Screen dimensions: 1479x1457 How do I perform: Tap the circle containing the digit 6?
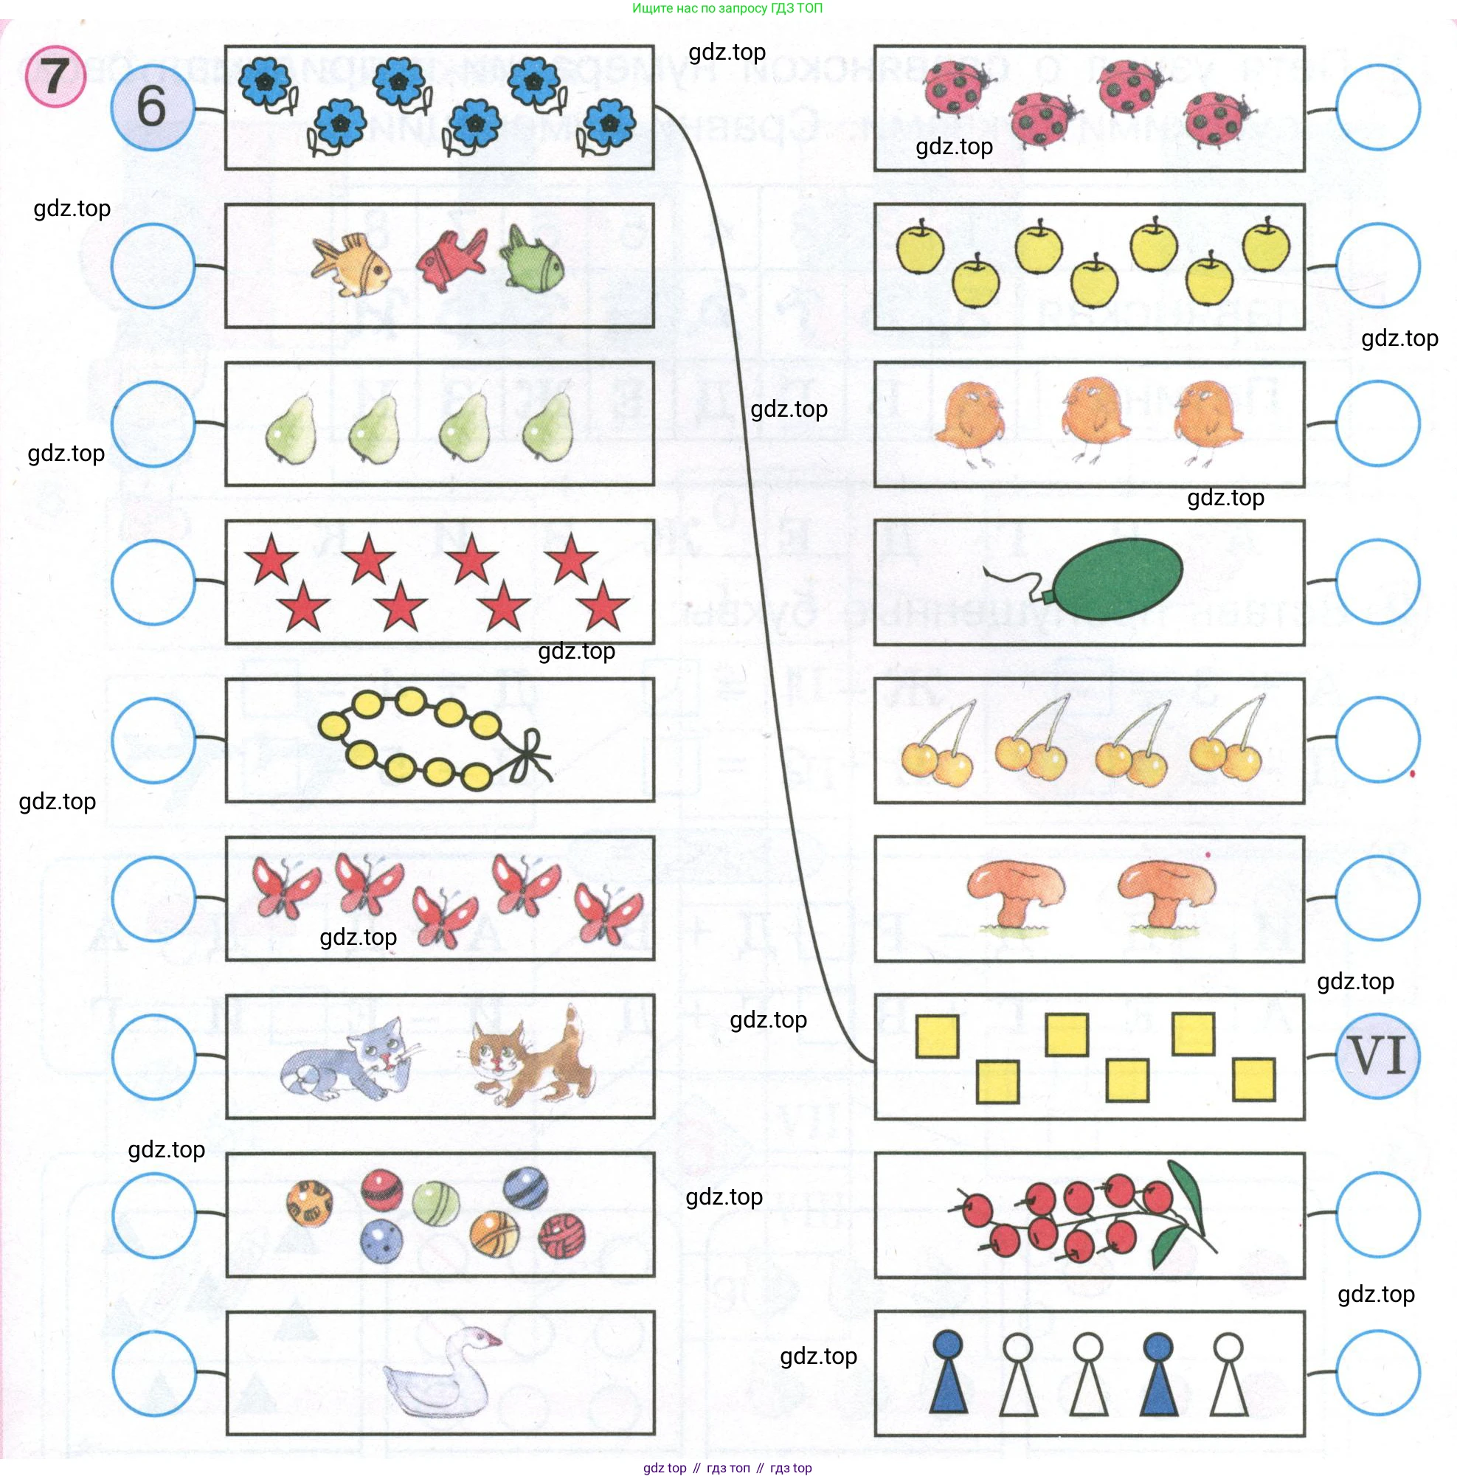(x=152, y=106)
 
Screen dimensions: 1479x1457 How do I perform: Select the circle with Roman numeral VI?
(x=1377, y=1055)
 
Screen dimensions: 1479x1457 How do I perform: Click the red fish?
(x=451, y=260)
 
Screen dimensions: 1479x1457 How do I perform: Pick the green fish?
(x=533, y=260)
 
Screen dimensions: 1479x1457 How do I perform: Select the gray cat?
(x=348, y=1061)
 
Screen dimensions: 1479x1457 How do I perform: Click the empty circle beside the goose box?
(x=153, y=1373)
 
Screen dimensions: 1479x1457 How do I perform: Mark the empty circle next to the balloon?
(x=1377, y=581)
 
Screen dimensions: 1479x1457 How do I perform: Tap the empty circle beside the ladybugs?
(x=1377, y=107)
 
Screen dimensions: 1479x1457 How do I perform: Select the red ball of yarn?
(x=561, y=1236)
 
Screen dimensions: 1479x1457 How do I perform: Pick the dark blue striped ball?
(x=526, y=1187)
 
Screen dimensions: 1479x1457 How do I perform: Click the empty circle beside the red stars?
(x=153, y=581)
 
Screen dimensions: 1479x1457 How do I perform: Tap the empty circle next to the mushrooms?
(x=1377, y=897)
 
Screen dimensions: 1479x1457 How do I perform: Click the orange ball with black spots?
(x=309, y=1203)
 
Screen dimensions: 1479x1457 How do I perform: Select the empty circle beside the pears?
(x=153, y=423)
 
